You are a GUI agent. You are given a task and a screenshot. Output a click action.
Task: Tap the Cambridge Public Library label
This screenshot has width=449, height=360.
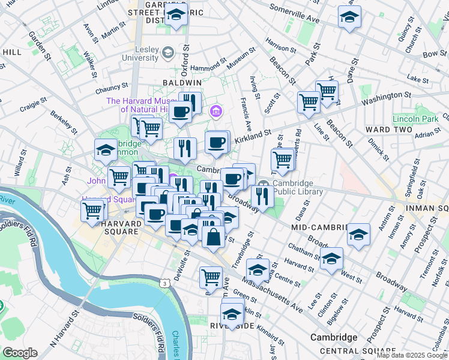click(x=298, y=187)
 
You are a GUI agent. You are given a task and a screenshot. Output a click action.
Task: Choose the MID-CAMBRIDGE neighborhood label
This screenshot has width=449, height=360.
click(x=319, y=228)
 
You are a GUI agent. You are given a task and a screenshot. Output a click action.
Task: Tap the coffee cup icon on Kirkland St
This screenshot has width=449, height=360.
click(x=217, y=142)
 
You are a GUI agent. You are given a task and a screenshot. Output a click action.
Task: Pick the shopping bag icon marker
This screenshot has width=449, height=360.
click(x=213, y=237)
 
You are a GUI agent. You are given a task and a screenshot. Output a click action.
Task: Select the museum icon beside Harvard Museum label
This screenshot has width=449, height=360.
click(x=215, y=112)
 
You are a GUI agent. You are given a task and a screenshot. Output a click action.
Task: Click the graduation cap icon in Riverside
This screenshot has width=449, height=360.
click(x=231, y=313)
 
